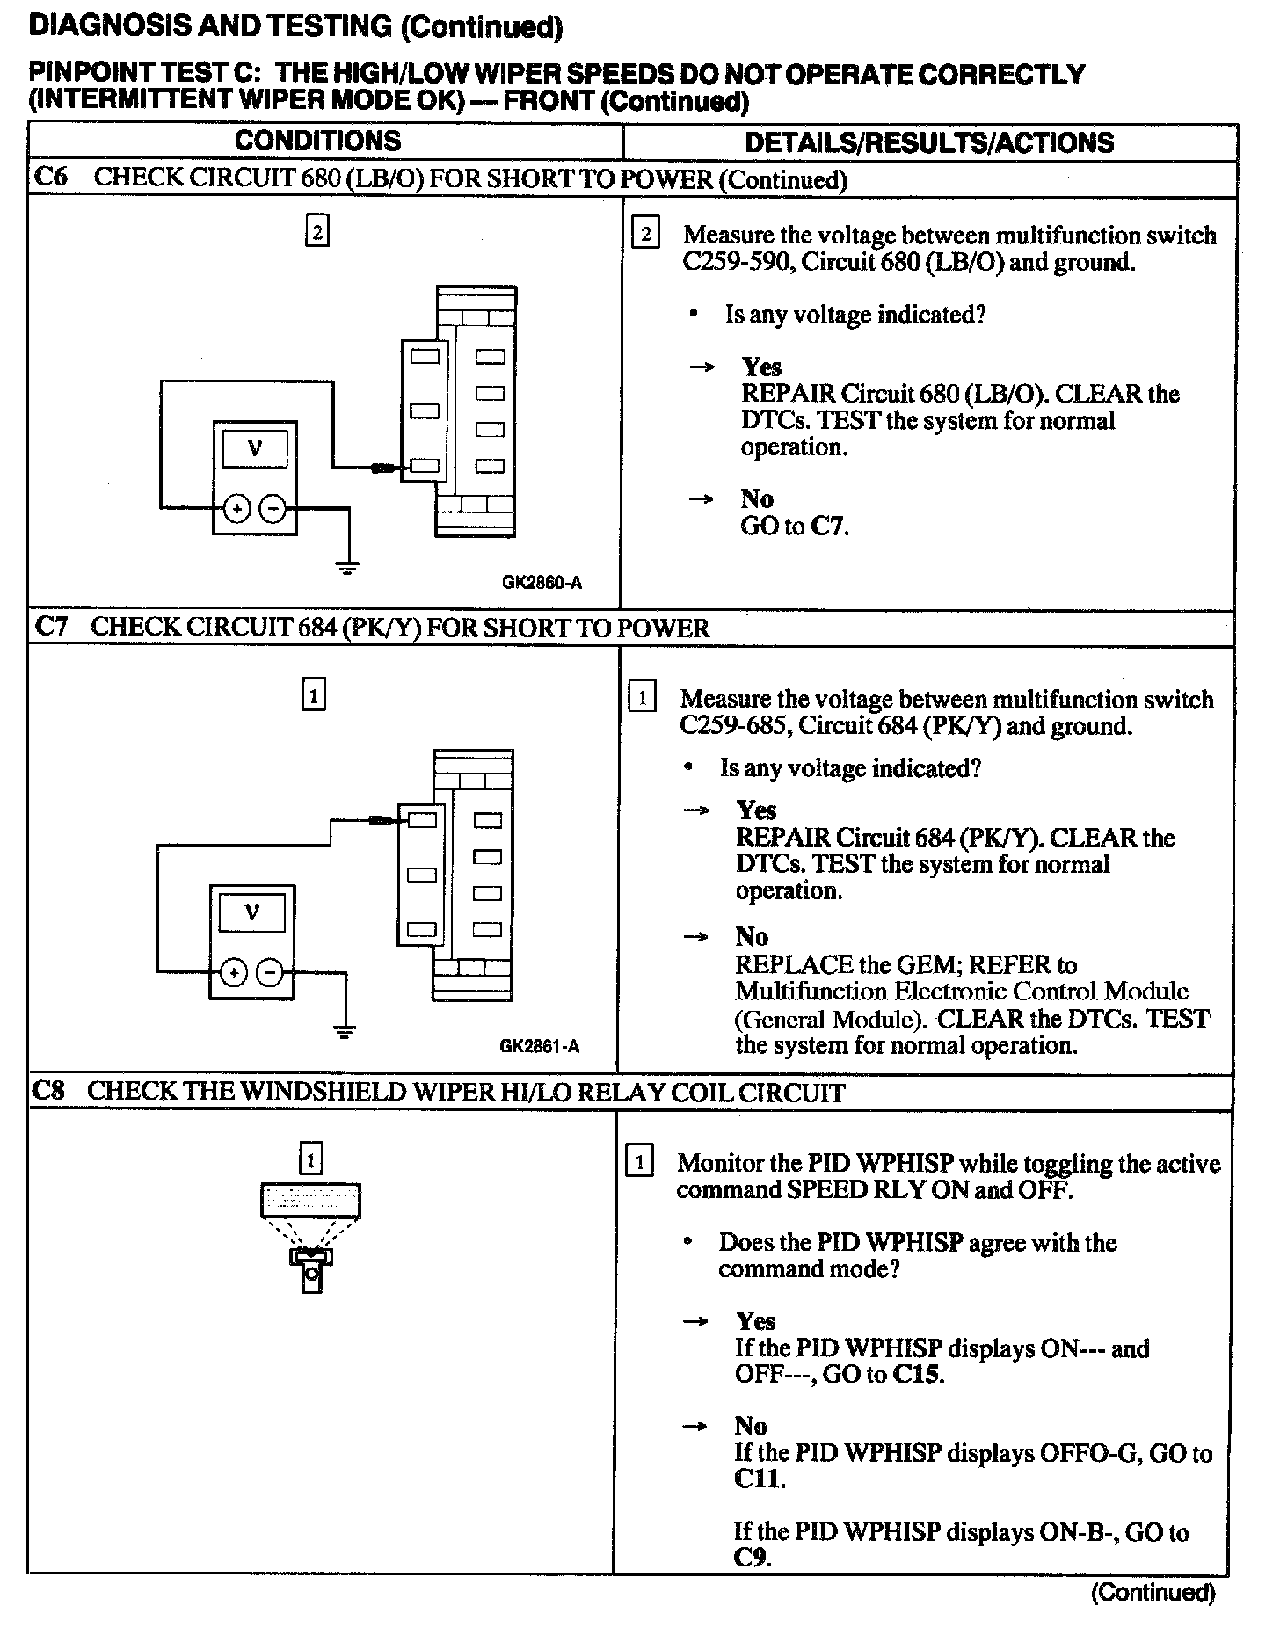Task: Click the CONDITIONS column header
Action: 317,141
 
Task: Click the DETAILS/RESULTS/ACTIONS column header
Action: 928,142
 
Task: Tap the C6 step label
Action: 51,178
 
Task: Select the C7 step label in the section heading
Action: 51,627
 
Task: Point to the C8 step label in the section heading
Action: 49,1091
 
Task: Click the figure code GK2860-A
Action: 542,582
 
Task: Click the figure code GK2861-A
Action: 539,1046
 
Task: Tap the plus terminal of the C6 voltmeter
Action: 236,508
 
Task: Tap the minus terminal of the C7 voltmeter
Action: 271,972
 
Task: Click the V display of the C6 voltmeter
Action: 255,449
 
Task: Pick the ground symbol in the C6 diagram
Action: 349,566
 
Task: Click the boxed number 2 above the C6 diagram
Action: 316,232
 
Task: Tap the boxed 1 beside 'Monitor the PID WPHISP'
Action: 639,1163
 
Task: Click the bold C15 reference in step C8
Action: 917,1375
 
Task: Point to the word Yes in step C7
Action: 756,810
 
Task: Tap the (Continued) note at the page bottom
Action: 1153,1592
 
